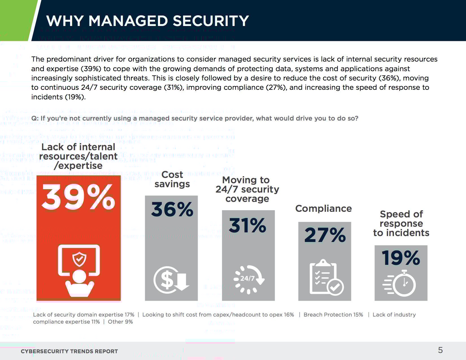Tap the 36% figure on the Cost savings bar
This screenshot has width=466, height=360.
(172, 210)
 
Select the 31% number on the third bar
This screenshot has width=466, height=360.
(248, 226)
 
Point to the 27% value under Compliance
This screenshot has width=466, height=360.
(325, 235)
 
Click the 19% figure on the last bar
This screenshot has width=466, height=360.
(401, 258)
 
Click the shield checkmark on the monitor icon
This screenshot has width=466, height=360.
(79, 259)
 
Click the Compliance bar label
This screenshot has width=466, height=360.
(323, 208)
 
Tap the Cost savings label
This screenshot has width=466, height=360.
(172, 179)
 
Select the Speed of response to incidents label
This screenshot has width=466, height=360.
(401, 223)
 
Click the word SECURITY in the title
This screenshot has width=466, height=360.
(210, 21)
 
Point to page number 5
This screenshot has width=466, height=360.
(440, 350)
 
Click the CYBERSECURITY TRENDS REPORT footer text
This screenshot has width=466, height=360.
(69, 351)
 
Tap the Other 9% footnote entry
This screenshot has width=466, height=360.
(120, 322)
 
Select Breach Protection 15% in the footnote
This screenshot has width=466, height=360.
(333, 315)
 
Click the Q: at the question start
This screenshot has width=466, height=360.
(35, 118)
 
